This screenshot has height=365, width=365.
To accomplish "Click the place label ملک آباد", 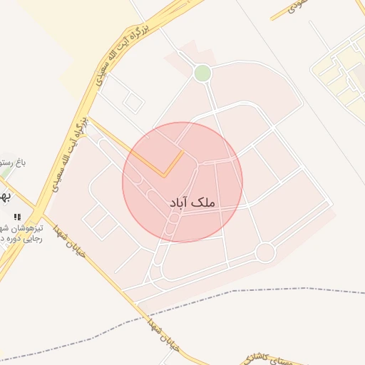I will [192, 203].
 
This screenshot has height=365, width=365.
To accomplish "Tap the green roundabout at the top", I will [202, 73].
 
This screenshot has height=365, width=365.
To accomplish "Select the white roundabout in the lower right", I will [265, 252].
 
